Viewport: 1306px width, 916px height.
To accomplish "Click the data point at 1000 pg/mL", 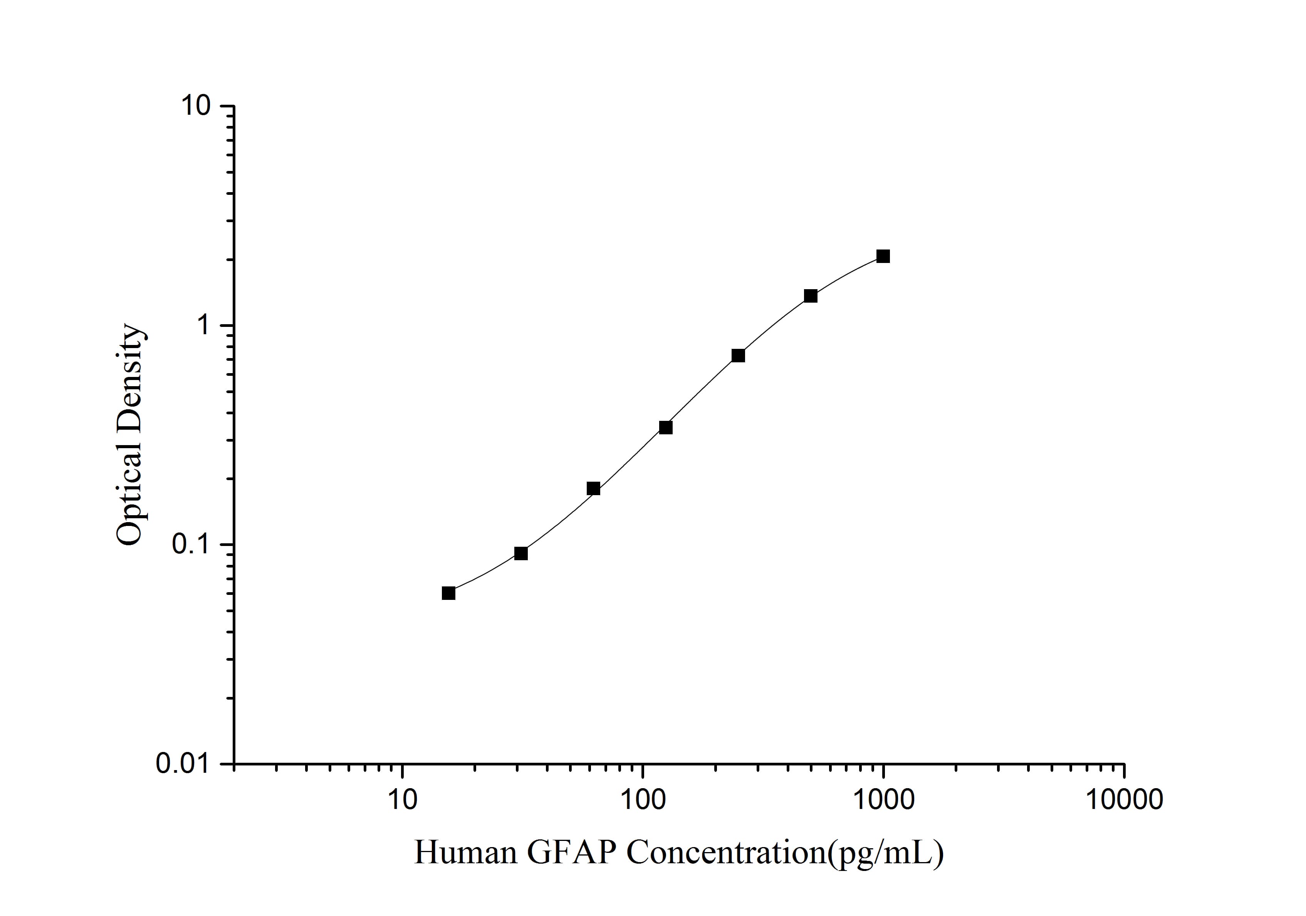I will point(883,256).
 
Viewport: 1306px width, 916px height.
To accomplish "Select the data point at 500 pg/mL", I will point(811,296).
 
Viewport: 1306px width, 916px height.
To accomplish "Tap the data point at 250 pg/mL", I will point(738,355).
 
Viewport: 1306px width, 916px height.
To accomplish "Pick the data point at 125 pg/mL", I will point(665,427).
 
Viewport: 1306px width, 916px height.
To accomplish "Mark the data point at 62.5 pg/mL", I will point(593,489).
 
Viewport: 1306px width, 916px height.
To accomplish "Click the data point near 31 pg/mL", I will point(521,553).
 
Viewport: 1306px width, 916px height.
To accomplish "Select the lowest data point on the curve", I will point(448,593).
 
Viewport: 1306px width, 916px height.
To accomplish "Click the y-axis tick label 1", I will point(203,326).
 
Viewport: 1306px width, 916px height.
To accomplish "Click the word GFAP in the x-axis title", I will point(572,853).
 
